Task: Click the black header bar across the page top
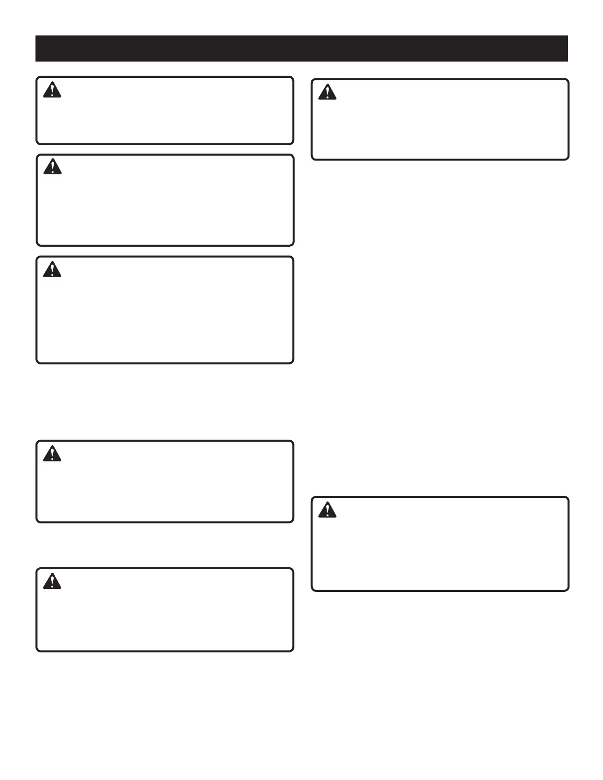tap(301, 48)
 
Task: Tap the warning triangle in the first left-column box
tap(52, 91)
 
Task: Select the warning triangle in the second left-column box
tap(52, 167)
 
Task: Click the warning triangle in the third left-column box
tap(52, 270)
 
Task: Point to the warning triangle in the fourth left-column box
tap(52, 454)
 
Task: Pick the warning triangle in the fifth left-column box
tap(52, 582)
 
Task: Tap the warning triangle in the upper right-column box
tap(327, 93)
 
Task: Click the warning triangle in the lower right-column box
tap(327, 510)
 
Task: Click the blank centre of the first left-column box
tap(165, 110)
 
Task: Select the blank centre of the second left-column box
tap(165, 200)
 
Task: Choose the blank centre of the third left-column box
tap(165, 310)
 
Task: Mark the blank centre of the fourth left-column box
tap(165, 481)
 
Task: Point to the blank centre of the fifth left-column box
tap(165, 610)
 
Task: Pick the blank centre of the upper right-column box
tap(440, 119)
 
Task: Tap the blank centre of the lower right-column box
tap(440, 544)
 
